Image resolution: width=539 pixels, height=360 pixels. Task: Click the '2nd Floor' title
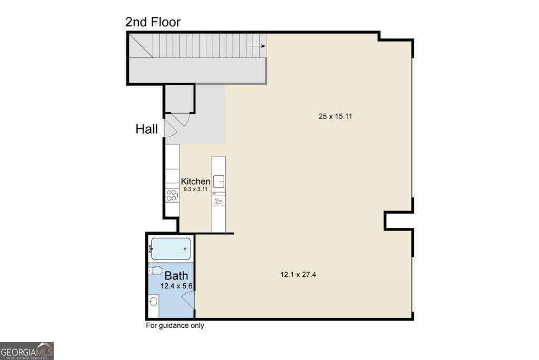153,22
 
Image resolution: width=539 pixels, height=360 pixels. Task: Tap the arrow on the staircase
256,46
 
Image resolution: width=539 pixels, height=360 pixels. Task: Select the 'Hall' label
147,129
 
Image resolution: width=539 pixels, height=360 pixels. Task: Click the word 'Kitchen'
195,181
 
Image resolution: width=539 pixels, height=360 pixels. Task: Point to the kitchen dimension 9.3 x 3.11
195,188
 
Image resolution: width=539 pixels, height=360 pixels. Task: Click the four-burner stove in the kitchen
172,195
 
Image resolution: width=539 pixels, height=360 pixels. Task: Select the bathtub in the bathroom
171,248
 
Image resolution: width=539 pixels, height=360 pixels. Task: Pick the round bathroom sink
154,302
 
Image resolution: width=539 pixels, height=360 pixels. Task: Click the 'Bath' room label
176,276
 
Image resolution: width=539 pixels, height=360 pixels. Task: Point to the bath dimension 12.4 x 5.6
178,286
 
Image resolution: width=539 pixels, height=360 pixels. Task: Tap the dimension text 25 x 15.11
335,116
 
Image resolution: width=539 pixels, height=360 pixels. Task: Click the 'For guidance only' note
175,325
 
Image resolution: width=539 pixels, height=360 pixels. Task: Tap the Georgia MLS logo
27,351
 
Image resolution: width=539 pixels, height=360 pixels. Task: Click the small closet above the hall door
179,98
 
